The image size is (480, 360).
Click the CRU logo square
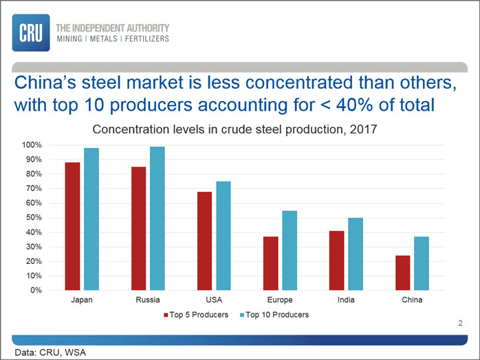[31, 33]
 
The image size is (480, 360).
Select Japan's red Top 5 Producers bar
[73, 226]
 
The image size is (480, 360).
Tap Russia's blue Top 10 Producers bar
[157, 218]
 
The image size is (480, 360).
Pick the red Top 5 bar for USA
[204, 241]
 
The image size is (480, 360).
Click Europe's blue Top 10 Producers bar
[290, 251]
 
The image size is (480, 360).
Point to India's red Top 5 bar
[337, 260]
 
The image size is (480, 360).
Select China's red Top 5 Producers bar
[402, 273]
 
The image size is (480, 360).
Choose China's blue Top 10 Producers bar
[422, 263]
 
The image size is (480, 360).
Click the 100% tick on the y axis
[32, 145]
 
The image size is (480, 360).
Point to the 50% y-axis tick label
[34, 218]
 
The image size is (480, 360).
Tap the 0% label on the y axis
[36, 290]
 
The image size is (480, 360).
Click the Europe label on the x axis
[280, 300]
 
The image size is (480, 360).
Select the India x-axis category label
[346, 300]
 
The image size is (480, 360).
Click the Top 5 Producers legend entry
[196, 315]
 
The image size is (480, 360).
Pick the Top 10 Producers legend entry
[274, 315]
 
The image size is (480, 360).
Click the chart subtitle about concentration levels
[234, 129]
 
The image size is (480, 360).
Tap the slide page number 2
[460, 324]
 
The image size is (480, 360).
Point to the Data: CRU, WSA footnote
[50, 352]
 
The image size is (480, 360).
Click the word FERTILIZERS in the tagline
[147, 39]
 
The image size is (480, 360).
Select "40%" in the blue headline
[354, 105]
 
